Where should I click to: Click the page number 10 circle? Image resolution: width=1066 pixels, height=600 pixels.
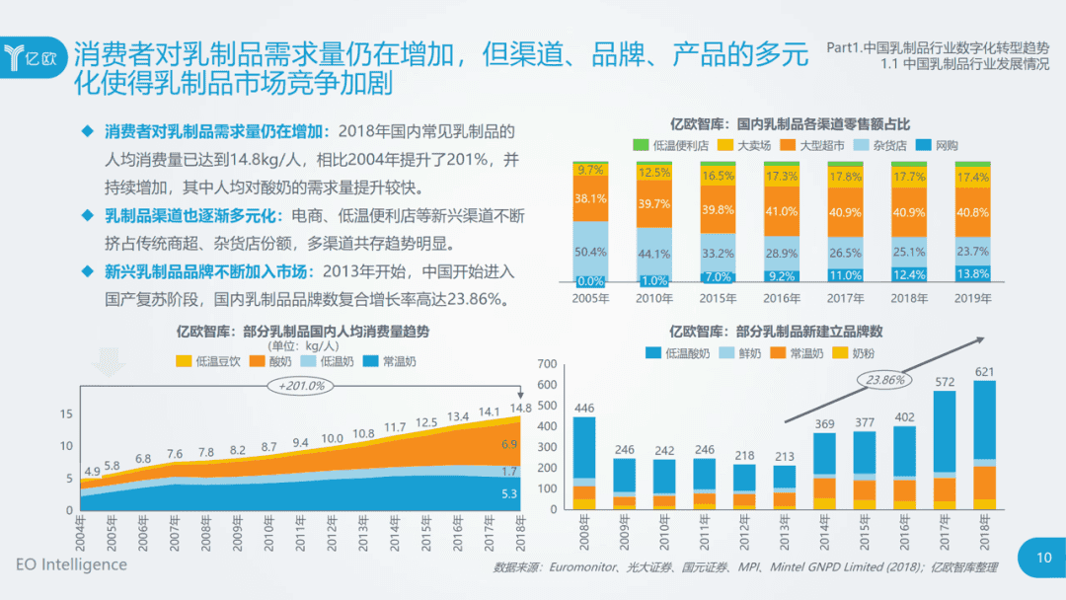pos(1043,557)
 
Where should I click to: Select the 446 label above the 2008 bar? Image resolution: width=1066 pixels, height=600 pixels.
pos(584,408)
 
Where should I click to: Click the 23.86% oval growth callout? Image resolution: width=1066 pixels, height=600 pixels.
pos(885,379)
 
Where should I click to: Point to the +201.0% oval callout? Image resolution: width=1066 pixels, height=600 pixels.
pos(301,386)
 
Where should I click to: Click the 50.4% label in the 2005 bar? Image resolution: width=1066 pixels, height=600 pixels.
pos(590,252)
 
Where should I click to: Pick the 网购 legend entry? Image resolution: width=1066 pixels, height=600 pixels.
pos(938,145)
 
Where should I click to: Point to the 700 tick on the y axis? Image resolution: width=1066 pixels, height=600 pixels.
pos(548,365)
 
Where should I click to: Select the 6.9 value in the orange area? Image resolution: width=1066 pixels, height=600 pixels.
pos(509,445)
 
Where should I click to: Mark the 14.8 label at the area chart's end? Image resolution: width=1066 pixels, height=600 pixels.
pos(520,408)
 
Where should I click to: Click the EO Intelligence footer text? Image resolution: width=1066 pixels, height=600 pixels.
pos(71,564)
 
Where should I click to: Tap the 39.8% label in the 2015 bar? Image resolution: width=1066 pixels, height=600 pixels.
pos(719,210)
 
